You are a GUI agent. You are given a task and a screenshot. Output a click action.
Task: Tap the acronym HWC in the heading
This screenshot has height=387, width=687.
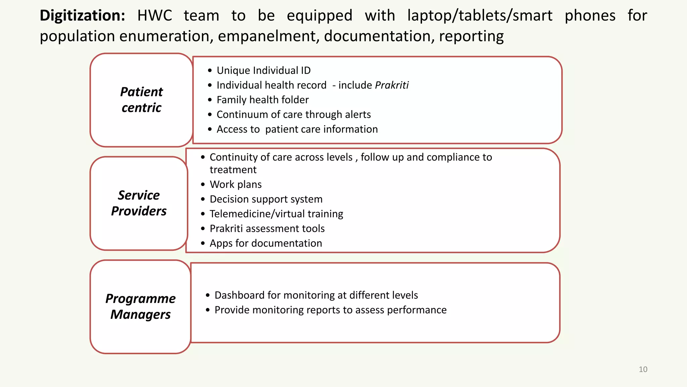155,16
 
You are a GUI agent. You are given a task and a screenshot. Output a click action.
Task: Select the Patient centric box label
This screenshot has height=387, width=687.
142,100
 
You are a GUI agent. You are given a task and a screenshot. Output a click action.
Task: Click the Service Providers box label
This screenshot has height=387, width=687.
139,203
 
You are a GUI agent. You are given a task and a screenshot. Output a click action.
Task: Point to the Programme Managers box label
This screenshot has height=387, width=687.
141,306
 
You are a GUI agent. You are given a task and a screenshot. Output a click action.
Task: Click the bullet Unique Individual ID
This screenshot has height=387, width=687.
263,71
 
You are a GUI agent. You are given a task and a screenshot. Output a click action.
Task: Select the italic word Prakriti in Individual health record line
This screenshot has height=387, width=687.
392,85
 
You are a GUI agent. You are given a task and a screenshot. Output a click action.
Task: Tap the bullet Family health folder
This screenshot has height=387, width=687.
262,100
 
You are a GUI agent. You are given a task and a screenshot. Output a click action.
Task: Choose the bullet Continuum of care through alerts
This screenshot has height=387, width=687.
294,115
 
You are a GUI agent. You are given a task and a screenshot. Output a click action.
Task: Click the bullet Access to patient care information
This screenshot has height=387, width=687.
297,129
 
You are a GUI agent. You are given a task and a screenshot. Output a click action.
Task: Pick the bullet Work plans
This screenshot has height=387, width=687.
235,184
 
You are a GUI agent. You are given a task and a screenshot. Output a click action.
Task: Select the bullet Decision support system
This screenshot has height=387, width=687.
266,199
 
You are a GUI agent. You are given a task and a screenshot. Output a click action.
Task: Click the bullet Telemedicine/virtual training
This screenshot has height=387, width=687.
276,214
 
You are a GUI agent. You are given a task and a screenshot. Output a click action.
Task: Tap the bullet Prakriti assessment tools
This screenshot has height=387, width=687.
267,229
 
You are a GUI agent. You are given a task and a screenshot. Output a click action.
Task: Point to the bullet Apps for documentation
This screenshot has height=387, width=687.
266,243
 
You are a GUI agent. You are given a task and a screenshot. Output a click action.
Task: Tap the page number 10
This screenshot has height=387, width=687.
643,370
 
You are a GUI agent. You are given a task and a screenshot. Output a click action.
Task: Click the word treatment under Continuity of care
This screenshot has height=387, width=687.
233,170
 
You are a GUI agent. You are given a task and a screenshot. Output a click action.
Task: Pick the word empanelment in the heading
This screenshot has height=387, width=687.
268,36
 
